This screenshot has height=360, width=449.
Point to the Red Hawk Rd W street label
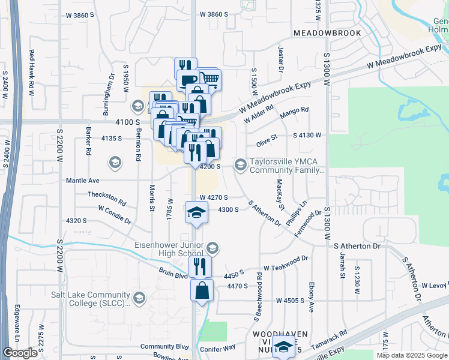(31, 73)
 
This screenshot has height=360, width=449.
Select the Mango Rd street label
(294, 111)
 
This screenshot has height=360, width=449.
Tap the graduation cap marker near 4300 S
(196, 212)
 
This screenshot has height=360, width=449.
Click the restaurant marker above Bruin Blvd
(200, 266)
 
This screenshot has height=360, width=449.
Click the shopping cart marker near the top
(209, 79)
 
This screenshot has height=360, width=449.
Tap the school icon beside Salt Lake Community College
(139, 298)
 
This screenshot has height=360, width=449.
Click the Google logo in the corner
(20, 353)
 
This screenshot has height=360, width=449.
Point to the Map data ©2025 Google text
(411, 355)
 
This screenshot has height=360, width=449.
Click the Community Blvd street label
(164, 347)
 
